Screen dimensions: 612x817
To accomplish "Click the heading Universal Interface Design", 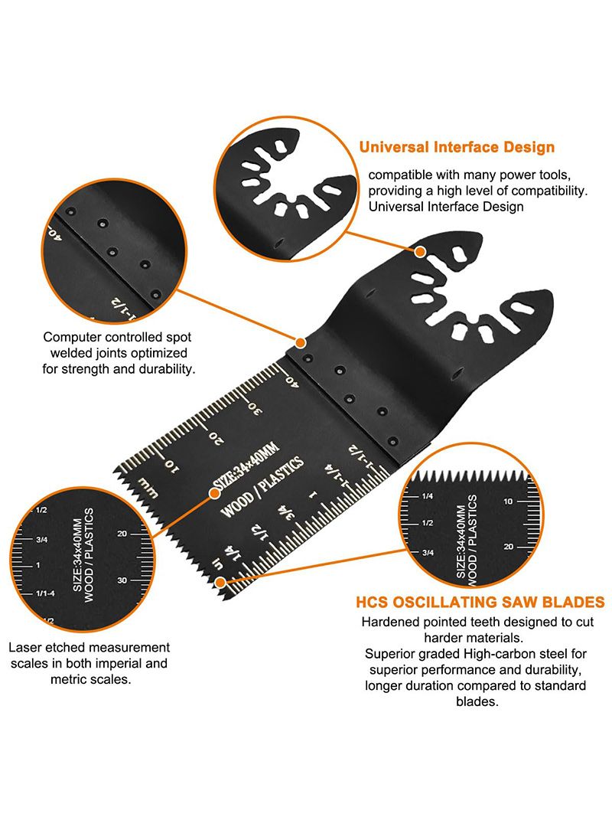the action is click(x=457, y=148).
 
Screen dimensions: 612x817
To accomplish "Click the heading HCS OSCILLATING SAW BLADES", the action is click(x=480, y=603).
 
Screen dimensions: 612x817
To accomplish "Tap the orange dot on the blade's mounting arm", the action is click(x=420, y=252).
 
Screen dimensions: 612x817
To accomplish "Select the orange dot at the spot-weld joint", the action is click(x=301, y=342).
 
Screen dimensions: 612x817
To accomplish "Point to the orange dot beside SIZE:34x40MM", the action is click(x=214, y=493).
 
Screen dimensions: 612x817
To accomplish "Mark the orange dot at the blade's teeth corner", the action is click(x=220, y=582).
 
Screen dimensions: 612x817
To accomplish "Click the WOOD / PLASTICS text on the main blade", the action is click(x=262, y=487).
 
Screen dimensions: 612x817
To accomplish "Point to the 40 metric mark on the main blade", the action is click(x=292, y=382).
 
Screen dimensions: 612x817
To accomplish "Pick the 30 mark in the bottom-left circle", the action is click(x=122, y=580).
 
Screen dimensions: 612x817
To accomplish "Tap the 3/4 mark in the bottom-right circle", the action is click(x=428, y=552).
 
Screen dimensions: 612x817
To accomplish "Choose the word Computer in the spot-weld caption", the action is click(x=69, y=338).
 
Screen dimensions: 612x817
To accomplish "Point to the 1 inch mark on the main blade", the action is click(x=312, y=495).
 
